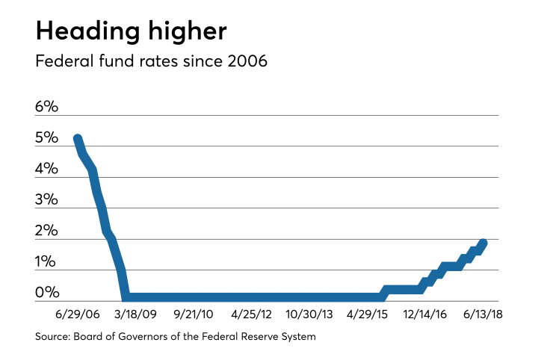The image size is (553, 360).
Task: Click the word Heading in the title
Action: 88,32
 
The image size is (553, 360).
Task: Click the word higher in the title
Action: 188,32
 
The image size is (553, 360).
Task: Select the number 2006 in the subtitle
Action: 247,61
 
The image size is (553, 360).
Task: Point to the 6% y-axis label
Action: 46,107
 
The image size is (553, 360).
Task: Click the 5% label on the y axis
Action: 46,137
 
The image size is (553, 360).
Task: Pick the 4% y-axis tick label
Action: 46,169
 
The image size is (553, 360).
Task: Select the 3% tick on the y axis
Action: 46,199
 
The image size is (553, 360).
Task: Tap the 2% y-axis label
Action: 46,231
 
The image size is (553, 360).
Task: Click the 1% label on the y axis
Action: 46,261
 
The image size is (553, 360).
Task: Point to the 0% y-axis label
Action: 47,292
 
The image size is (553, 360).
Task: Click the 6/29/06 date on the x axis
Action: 78,314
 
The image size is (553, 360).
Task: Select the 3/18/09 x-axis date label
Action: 135,314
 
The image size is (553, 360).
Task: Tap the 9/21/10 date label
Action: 194,314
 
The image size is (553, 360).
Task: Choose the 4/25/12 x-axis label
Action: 251,314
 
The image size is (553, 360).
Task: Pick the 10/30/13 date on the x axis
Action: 309,314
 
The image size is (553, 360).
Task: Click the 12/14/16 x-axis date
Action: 425,314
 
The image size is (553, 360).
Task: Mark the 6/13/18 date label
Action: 483,314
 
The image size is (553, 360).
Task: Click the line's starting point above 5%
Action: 78,139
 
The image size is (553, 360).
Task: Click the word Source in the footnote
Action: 53,336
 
